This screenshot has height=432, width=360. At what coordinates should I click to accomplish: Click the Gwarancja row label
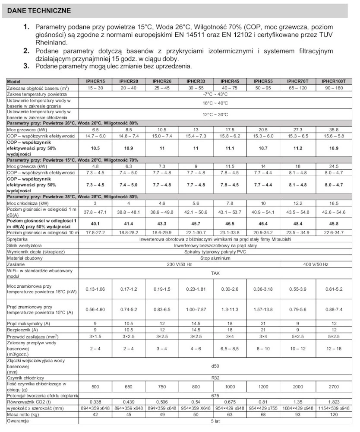[x=18, y=421]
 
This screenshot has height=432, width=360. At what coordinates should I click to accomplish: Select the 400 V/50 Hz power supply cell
[x=315, y=264]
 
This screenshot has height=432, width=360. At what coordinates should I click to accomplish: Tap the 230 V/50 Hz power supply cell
[x=179, y=264]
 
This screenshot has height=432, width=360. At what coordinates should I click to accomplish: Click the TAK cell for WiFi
[x=215, y=273]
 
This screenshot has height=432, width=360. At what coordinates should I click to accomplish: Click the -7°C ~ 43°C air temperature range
[x=215, y=94]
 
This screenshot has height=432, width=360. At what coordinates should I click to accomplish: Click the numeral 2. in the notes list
[x=26, y=51]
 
